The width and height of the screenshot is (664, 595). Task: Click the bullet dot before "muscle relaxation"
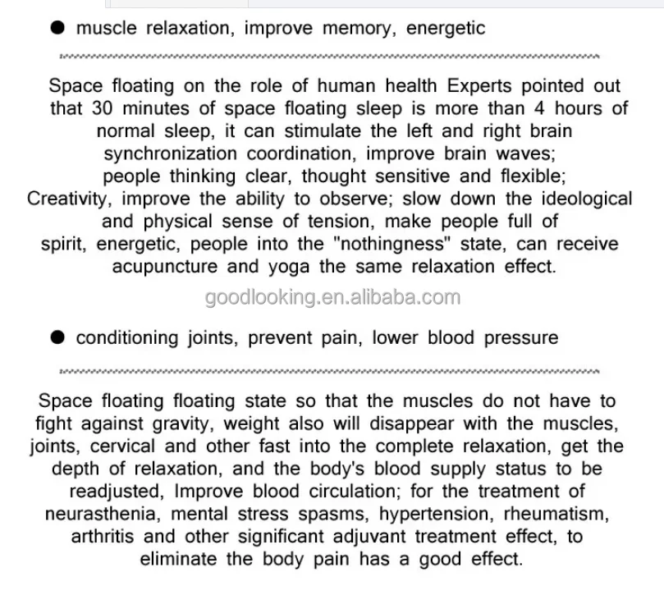point(57,29)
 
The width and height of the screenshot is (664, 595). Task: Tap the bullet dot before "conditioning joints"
point(57,338)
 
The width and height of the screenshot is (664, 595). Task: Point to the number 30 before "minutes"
point(101,108)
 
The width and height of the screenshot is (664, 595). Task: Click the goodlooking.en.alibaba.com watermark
point(332,298)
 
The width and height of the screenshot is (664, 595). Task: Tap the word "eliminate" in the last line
point(179,560)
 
